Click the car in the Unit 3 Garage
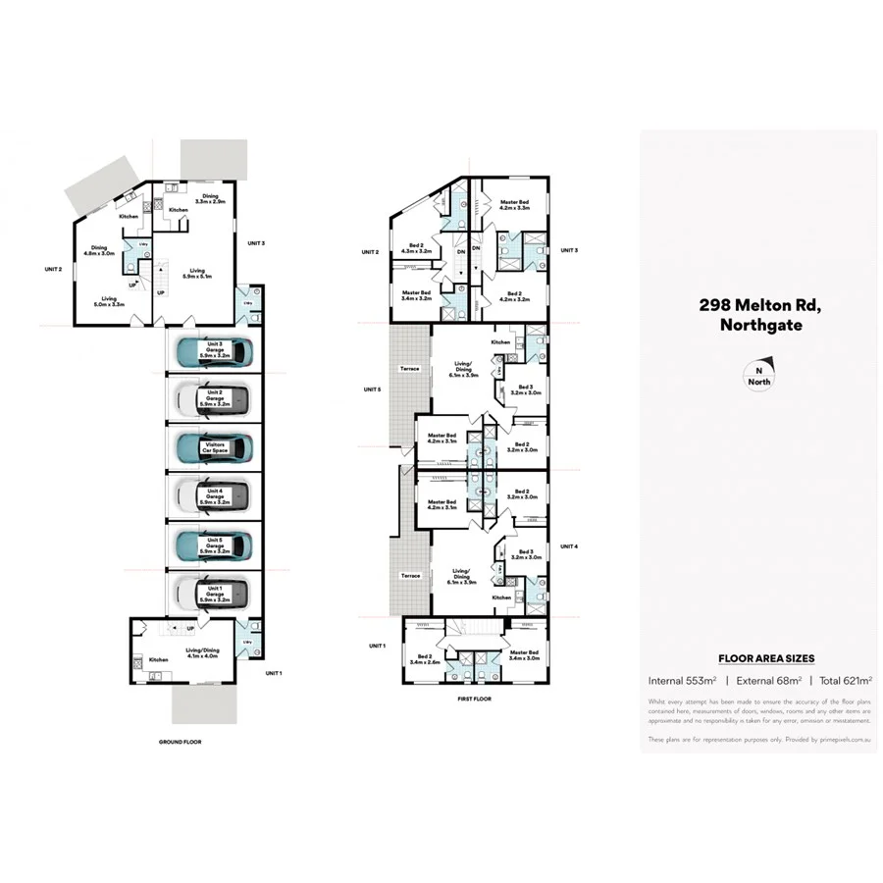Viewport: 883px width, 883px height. tap(213, 349)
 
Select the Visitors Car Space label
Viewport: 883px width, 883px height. tap(213, 448)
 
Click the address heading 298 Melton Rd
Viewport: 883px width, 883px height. tap(759, 305)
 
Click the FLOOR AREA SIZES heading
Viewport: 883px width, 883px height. tap(766, 658)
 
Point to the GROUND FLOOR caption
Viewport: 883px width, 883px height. tap(180, 742)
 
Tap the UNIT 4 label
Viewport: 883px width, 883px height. tap(570, 545)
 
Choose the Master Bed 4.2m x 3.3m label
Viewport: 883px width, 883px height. tap(515, 205)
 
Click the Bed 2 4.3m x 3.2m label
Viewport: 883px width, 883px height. tap(416, 249)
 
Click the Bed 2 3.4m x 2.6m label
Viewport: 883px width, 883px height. tap(425, 658)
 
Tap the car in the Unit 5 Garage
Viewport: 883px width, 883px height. tap(213, 543)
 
